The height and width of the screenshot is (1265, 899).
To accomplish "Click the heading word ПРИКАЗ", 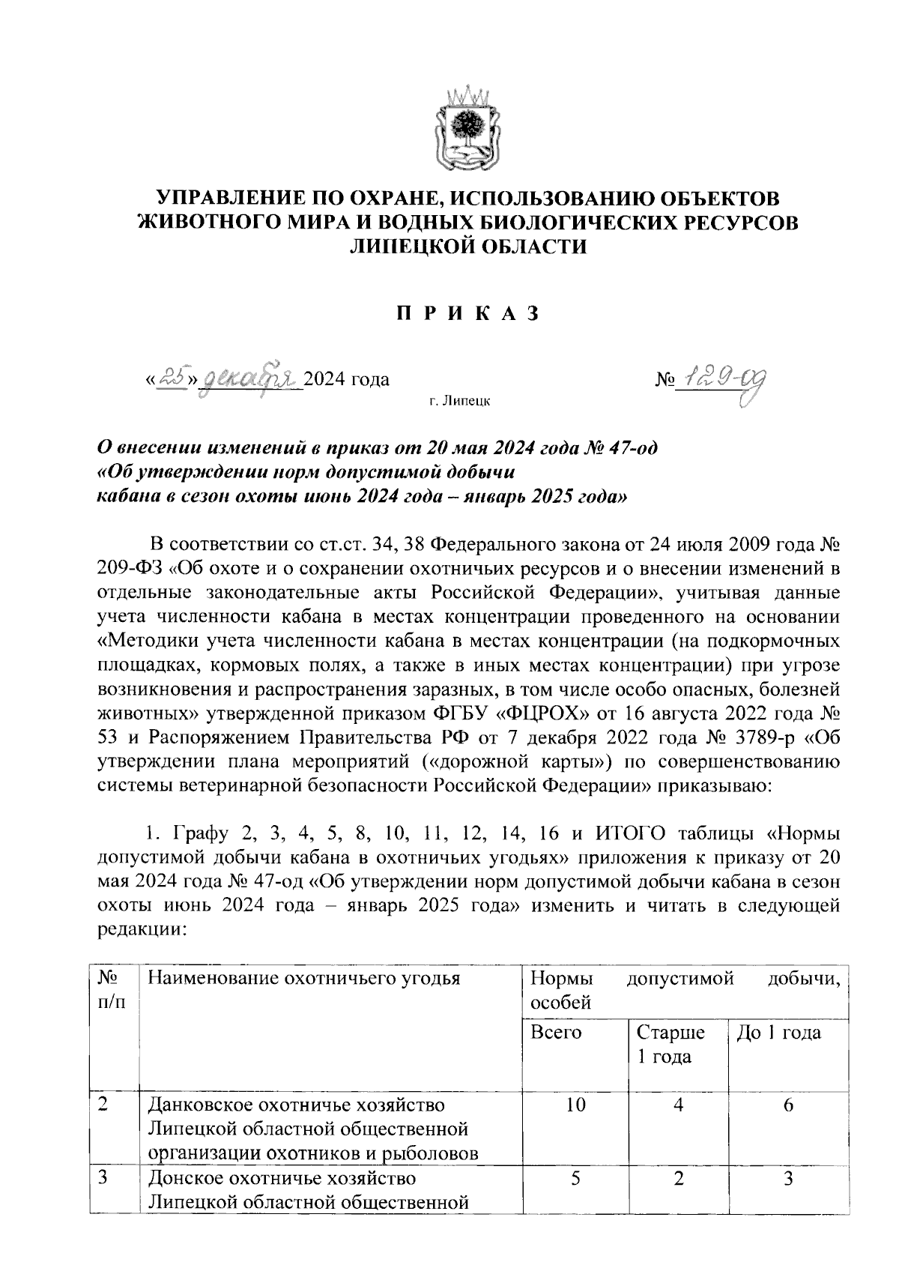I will pos(467,313).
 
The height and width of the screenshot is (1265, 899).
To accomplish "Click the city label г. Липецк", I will pos(460,402).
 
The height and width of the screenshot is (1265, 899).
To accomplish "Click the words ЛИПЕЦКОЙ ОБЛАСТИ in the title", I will pos(468,246).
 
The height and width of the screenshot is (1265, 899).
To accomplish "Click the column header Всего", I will pos(556,1033).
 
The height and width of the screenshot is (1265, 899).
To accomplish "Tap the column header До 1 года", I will pos(779,1033).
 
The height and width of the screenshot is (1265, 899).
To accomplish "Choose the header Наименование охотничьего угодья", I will pos(303,978).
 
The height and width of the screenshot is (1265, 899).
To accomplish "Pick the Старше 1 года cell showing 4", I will pos(678,1105).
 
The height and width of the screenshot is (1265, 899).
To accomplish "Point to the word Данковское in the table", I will pos(202,1105).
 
